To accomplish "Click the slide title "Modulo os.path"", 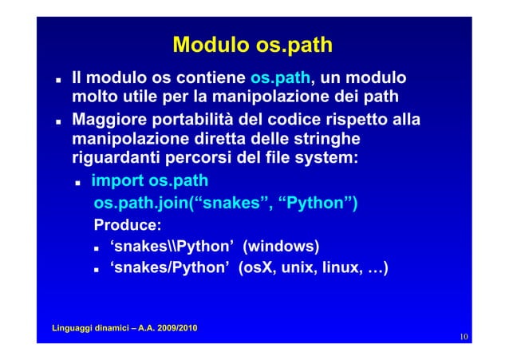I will click(x=252, y=45).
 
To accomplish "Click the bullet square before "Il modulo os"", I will click(x=59, y=81).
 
